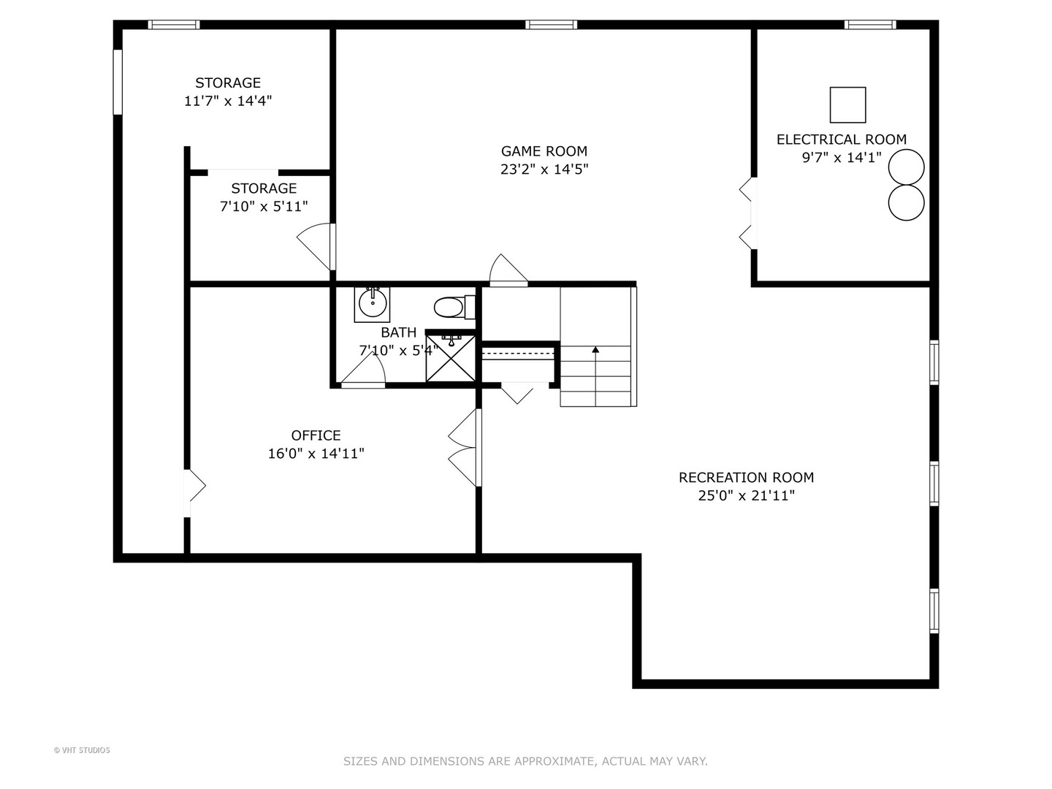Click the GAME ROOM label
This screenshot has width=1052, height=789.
544,151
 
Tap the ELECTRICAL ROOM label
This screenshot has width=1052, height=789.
841,140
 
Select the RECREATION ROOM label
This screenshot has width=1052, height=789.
746,478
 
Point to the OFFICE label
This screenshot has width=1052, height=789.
316,435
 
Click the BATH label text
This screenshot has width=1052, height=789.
399,332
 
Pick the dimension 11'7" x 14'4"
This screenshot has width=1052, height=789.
228,101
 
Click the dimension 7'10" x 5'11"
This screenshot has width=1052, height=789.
264,207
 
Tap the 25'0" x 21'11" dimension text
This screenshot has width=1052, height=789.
746,496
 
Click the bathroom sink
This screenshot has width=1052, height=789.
373,303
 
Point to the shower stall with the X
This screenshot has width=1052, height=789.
451,357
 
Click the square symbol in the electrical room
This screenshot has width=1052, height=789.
848,105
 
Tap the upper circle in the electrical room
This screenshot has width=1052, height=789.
907,167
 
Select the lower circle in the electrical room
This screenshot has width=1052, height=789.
907,202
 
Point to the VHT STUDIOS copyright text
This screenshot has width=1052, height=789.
82,750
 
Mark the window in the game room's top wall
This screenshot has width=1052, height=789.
551,25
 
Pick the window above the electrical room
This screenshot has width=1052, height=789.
870,25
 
